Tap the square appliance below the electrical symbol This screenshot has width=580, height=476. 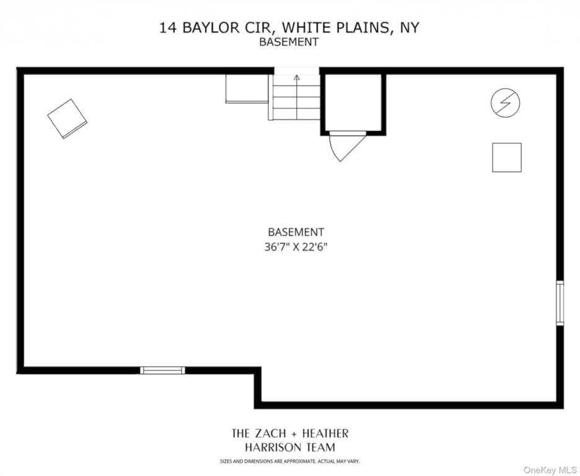(x=506, y=157)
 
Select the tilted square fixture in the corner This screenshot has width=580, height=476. (x=67, y=118)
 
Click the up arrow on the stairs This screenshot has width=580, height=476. (x=296, y=79)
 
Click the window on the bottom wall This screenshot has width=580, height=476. (x=162, y=370)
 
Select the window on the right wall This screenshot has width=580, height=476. (x=560, y=303)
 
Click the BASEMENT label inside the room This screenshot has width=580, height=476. (x=296, y=232)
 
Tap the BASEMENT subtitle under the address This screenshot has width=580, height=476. (x=289, y=42)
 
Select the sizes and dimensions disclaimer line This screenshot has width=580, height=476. (x=289, y=461)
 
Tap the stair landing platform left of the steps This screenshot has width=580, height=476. (x=247, y=88)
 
